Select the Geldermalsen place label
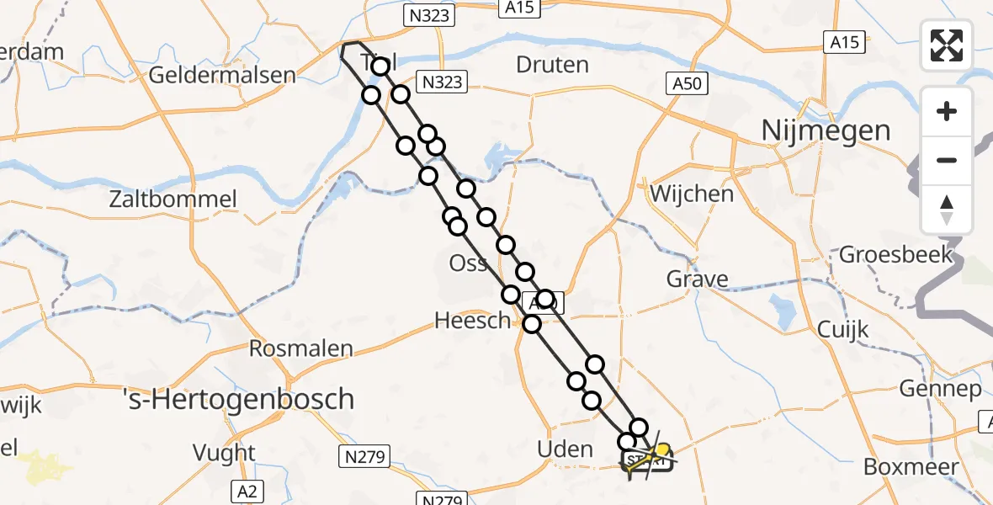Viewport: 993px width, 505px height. [222, 75]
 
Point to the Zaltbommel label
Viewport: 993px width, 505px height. [173, 200]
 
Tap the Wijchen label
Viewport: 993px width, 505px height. [692, 194]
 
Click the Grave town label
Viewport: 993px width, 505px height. [697, 279]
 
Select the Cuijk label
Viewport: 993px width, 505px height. [842, 329]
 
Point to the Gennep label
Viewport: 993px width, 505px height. [940, 389]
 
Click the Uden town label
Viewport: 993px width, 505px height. [565, 449]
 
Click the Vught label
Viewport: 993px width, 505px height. [224, 453]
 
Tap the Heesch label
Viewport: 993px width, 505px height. [472, 320]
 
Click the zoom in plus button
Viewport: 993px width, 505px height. [947, 112]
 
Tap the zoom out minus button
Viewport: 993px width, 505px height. [947, 161]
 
